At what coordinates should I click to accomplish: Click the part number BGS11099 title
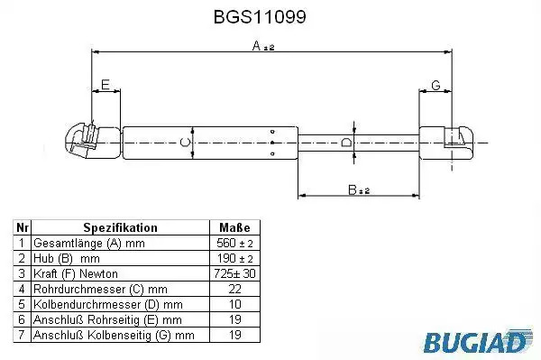pyautogui.click(x=260, y=16)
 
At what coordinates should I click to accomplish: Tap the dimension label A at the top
pyautogui.click(x=263, y=45)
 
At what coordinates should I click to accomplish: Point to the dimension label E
pyautogui.click(x=105, y=85)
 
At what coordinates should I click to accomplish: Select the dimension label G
pyautogui.click(x=436, y=85)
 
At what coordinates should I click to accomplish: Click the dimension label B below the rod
pyautogui.click(x=359, y=189)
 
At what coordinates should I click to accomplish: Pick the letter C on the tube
pyautogui.click(x=185, y=143)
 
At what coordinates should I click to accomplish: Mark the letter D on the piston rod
pyautogui.click(x=346, y=143)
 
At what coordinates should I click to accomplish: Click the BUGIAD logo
pyautogui.click(x=478, y=341)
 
